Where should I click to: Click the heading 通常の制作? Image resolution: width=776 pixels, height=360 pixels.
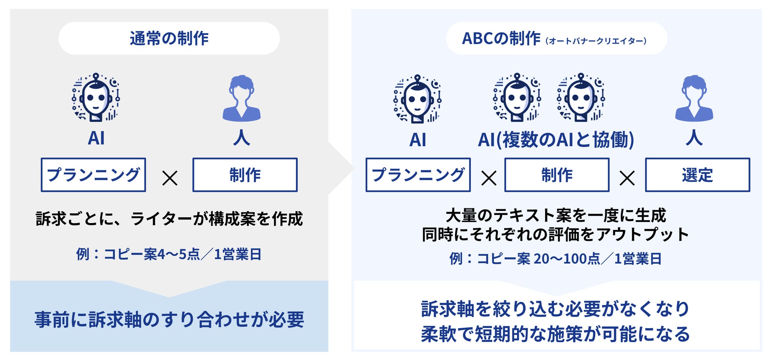click(169, 39)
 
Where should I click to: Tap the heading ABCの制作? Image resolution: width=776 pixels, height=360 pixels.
click(501, 39)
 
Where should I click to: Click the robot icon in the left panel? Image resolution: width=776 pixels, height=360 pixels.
click(96, 97)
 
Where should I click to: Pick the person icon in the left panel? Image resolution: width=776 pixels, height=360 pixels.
click(242, 98)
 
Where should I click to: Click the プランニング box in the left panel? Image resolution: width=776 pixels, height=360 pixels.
click(94, 175)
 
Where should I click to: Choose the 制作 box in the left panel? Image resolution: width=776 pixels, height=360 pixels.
click(245, 175)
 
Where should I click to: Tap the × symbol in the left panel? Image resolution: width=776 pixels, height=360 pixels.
click(170, 178)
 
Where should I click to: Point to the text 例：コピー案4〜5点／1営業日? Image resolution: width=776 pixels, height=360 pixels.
click(169, 254)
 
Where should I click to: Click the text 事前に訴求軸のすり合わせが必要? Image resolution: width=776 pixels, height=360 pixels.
click(169, 319)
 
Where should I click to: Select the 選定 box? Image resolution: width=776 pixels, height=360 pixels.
click(698, 175)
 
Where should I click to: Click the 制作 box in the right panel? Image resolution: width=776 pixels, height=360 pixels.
click(557, 175)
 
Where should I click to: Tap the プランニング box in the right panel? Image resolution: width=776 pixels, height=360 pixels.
click(418, 175)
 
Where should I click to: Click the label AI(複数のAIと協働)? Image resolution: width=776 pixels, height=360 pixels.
click(556, 140)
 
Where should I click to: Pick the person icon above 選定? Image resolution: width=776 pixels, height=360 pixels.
click(694, 98)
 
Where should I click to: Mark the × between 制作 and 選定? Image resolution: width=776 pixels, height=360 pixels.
click(627, 178)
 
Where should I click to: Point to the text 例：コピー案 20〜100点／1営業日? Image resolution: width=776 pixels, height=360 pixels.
click(556, 259)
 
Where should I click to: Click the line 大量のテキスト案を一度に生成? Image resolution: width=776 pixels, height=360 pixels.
click(556, 216)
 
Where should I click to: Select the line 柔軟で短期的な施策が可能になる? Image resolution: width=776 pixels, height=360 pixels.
click(556, 334)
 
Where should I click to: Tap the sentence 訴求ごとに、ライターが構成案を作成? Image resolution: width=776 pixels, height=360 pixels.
click(169, 219)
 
